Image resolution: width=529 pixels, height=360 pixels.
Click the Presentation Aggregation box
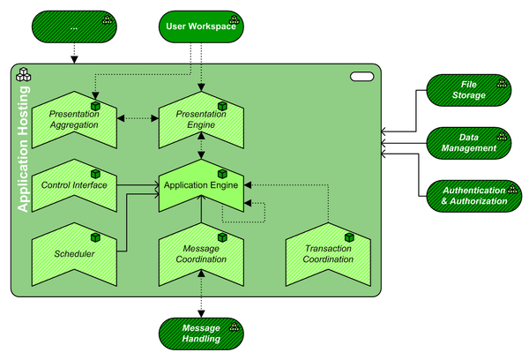pos(75,120)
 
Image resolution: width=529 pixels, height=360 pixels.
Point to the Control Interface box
pos(75,186)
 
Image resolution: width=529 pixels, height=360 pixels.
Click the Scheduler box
pos(75,254)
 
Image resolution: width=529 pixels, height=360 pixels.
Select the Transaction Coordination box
pos(328,254)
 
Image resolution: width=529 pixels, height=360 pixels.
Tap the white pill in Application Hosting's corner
pos(362,78)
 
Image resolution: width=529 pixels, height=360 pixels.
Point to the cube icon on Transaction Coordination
pos(349,237)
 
